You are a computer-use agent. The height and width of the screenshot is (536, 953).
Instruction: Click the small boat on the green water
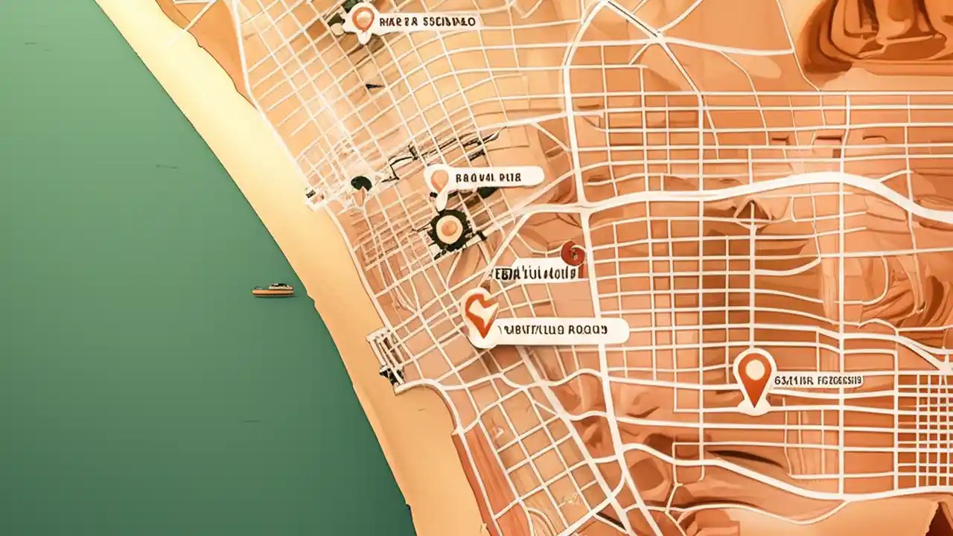272,290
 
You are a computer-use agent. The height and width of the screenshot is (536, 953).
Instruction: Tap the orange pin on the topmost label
363,19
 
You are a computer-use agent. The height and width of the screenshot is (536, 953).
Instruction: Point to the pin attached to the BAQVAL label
439,179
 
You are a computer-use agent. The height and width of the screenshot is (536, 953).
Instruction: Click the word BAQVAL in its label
475,177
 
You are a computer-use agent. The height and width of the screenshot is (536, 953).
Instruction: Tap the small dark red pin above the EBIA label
573,254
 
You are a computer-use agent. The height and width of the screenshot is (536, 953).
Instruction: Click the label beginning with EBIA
535,273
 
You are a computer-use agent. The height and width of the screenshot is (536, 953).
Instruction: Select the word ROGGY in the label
586,328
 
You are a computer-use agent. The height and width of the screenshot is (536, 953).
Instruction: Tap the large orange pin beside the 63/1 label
754,376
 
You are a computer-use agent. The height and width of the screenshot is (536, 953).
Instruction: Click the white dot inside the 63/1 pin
754,368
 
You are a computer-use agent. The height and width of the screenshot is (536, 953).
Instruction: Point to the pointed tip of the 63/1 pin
754,406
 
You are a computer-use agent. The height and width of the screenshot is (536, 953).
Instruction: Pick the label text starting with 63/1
818,380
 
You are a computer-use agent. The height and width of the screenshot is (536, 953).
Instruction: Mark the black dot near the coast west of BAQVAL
361,182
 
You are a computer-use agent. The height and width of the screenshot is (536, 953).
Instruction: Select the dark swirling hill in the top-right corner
879,33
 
